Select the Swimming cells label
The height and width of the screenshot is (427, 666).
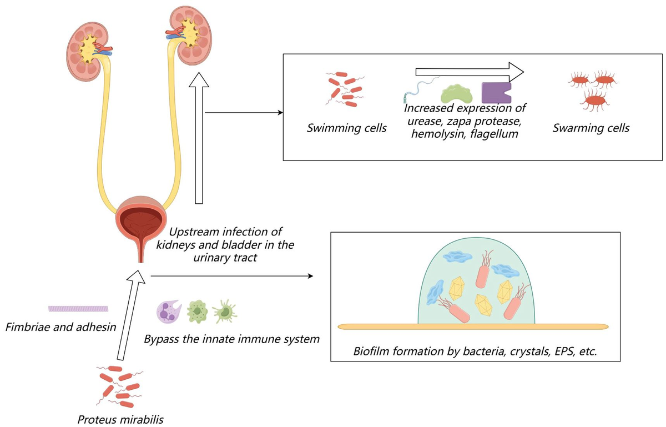coord(347,129)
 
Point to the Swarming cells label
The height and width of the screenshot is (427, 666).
coord(591,128)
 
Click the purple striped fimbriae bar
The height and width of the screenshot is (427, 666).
coord(78,309)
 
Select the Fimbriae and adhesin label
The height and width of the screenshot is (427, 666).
coord(60,327)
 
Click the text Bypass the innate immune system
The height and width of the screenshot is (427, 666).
coord(231,338)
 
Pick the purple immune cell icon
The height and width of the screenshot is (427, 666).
coord(168,312)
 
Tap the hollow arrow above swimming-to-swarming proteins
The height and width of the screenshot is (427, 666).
coord(470,72)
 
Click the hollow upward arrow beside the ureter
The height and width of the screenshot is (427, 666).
coord(198,139)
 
